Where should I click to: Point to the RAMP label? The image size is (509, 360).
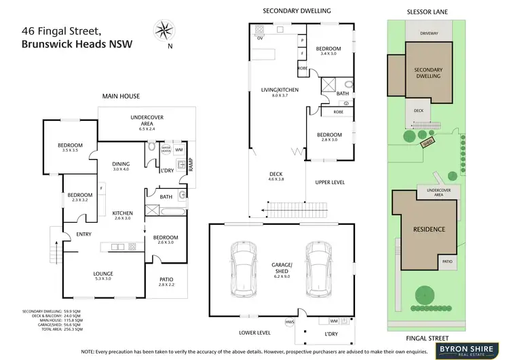pyautogui.click(x=191, y=163)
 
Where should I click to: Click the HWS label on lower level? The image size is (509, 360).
pyautogui.click(x=290, y=321)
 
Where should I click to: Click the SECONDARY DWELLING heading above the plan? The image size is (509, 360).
pyautogui.click(x=298, y=12)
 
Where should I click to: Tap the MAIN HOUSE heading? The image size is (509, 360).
pyautogui.click(x=121, y=96)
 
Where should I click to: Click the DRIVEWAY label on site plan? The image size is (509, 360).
pyautogui.click(x=429, y=33)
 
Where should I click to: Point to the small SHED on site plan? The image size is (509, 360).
pyautogui.click(x=428, y=143)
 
